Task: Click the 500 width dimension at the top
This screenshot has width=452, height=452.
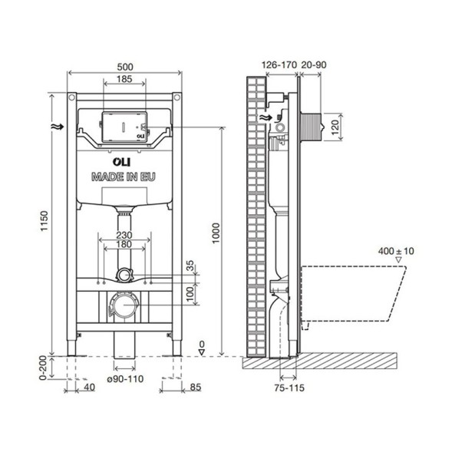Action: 124,66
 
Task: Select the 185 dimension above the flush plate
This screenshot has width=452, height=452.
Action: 124,79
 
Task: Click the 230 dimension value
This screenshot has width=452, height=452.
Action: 124,236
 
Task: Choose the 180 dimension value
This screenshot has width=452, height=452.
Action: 124,245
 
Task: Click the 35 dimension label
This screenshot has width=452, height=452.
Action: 190,266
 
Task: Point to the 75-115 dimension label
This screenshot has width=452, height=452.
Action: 289,388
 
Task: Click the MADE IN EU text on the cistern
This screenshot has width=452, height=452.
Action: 124,176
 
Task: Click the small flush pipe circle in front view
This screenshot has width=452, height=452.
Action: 123,272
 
